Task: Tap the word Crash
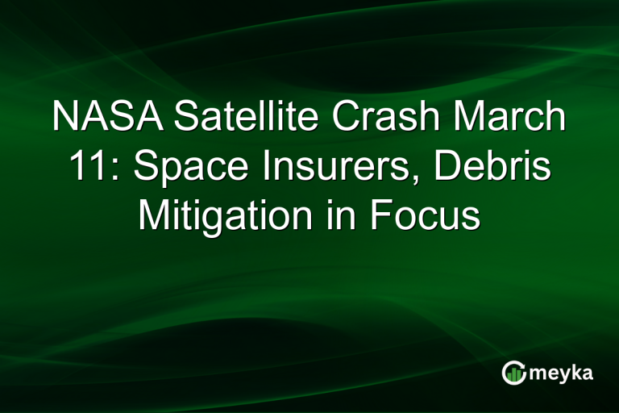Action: [x=373, y=118]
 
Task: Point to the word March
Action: [x=508, y=118]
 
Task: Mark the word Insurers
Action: [x=326, y=167]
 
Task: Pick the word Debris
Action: [x=503, y=167]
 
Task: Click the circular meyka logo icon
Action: [x=513, y=372]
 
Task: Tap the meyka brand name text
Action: [x=561, y=373]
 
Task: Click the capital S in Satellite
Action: [x=185, y=118]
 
